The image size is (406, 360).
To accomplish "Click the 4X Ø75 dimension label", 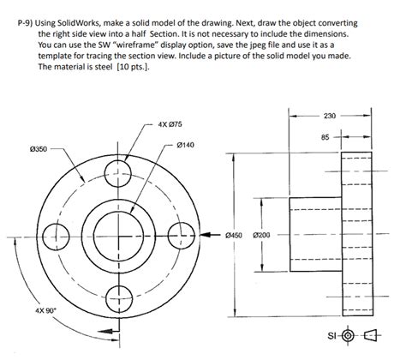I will [x=170, y=125].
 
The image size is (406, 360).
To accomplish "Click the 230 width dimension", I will [x=332, y=116].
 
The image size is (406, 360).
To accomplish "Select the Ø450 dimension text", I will [x=235, y=234].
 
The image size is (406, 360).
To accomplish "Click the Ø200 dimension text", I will [x=262, y=234].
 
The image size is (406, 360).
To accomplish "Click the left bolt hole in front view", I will [x=51, y=232].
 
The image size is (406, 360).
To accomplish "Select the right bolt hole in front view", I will [x=182, y=232].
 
